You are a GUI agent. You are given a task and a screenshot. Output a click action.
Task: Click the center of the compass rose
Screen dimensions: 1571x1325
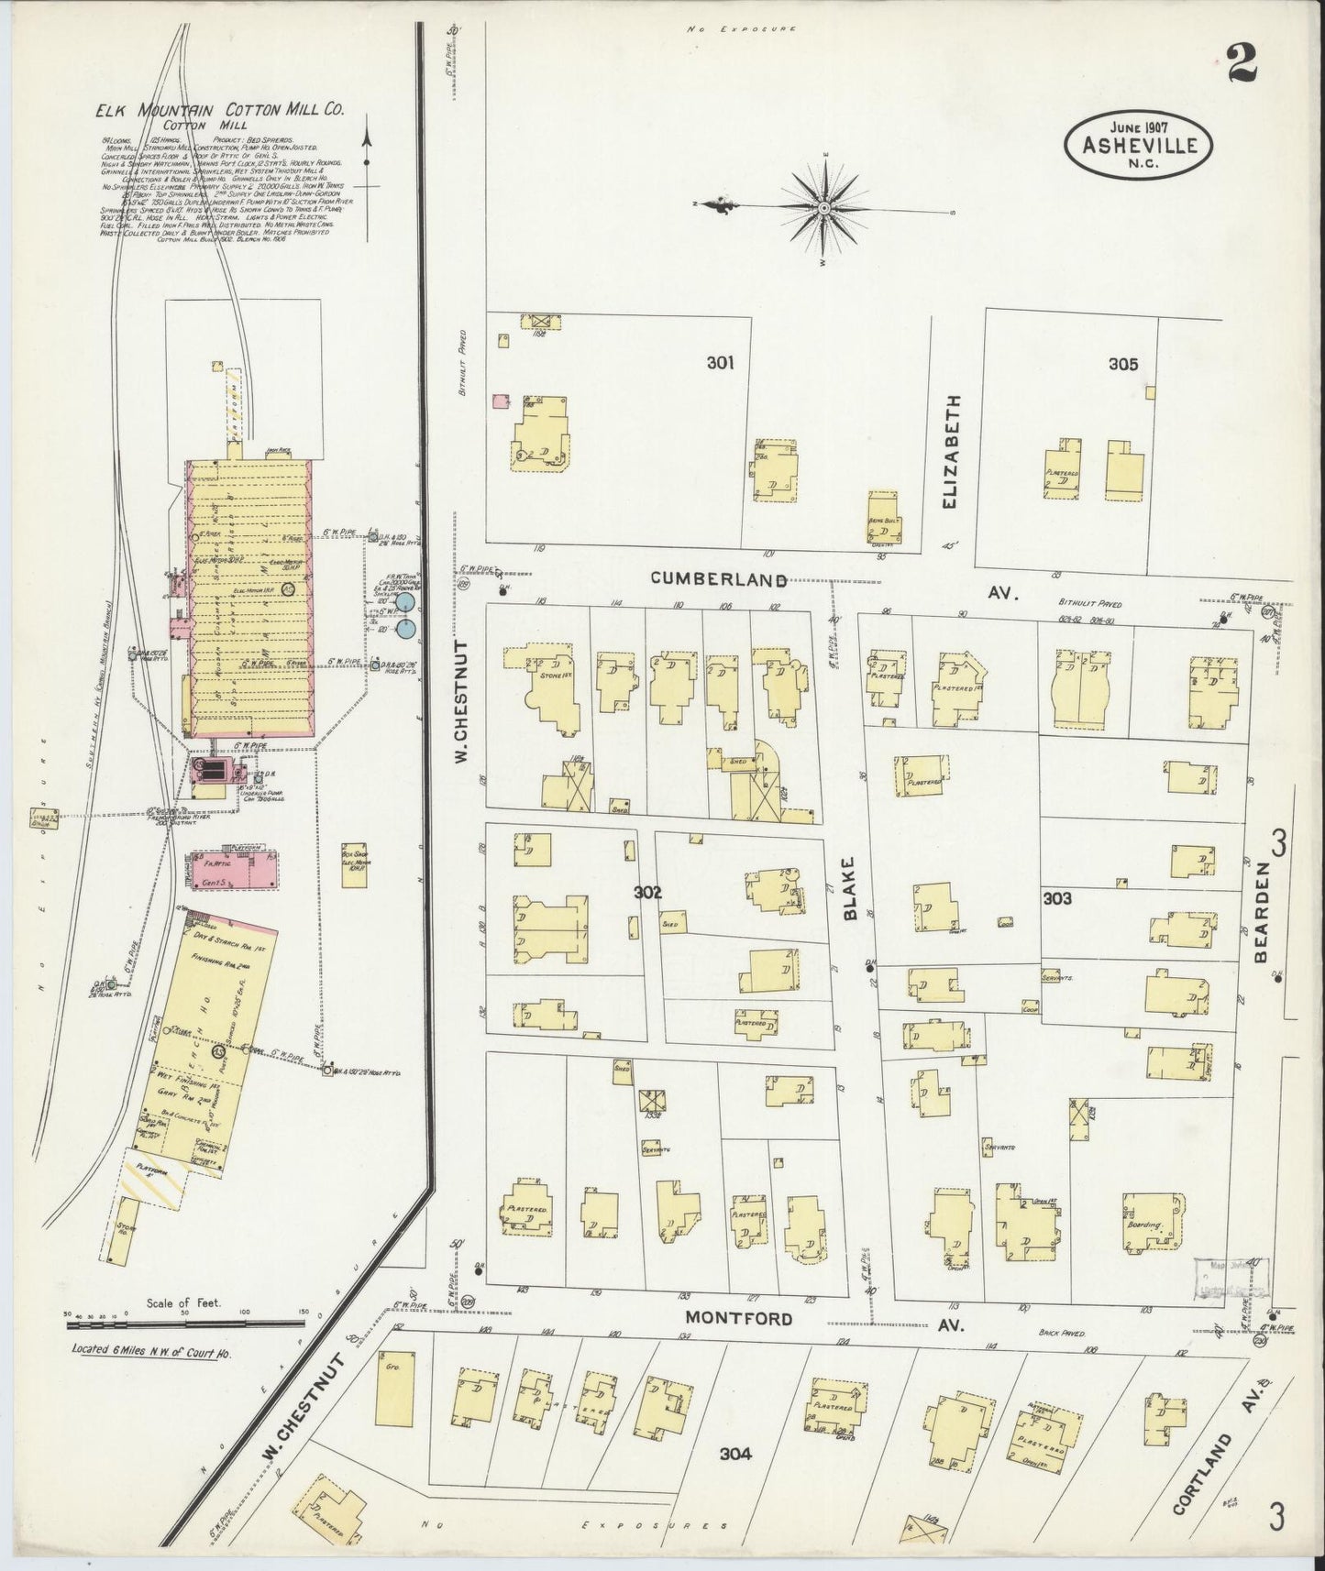824,209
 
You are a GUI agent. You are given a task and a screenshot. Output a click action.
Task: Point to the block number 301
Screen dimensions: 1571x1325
720,363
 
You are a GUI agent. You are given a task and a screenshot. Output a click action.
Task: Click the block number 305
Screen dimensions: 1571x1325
1122,364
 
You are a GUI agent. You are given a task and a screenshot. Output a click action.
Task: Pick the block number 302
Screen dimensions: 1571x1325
647,891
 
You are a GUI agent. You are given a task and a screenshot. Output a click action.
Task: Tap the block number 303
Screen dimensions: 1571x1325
1057,899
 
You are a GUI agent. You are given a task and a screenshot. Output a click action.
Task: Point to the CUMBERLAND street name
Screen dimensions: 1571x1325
719,579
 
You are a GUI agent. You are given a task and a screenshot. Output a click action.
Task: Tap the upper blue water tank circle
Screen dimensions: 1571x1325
406,605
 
